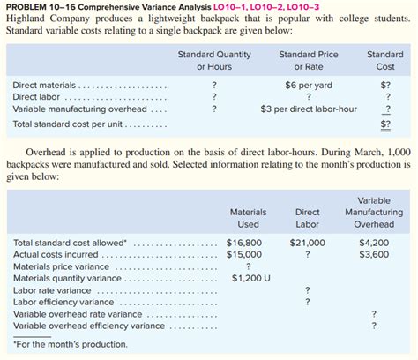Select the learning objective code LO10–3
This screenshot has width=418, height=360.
click(x=271, y=6)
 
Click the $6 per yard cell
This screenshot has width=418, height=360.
click(x=308, y=85)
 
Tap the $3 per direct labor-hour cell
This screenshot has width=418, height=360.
click(x=308, y=109)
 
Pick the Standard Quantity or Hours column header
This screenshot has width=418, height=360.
click(x=213, y=60)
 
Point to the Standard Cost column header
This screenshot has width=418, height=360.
click(x=384, y=60)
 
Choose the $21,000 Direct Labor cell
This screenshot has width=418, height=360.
click(x=307, y=242)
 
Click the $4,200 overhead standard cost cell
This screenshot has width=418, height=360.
click(x=374, y=242)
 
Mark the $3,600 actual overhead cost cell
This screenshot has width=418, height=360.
click(x=374, y=254)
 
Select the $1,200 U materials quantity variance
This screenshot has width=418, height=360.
click(x=250, y=278)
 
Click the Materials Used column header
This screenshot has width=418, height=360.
click(x=248, y=218)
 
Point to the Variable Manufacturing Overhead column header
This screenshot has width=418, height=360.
click(x=374, y=212)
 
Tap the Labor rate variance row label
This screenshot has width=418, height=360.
click(x=52, y=289)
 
